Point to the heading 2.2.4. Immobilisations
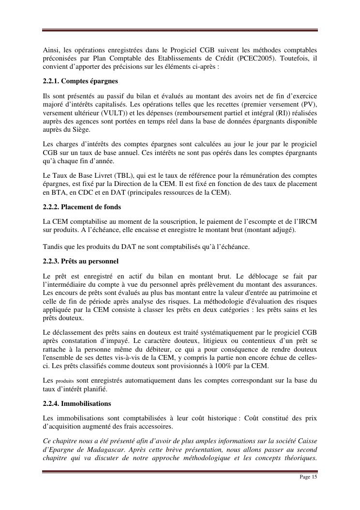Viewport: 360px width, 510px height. (77, 403)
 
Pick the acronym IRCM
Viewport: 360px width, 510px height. (306, 221)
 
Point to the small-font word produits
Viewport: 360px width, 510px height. (65, 381)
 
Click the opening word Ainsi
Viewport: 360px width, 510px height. (51, 50)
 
